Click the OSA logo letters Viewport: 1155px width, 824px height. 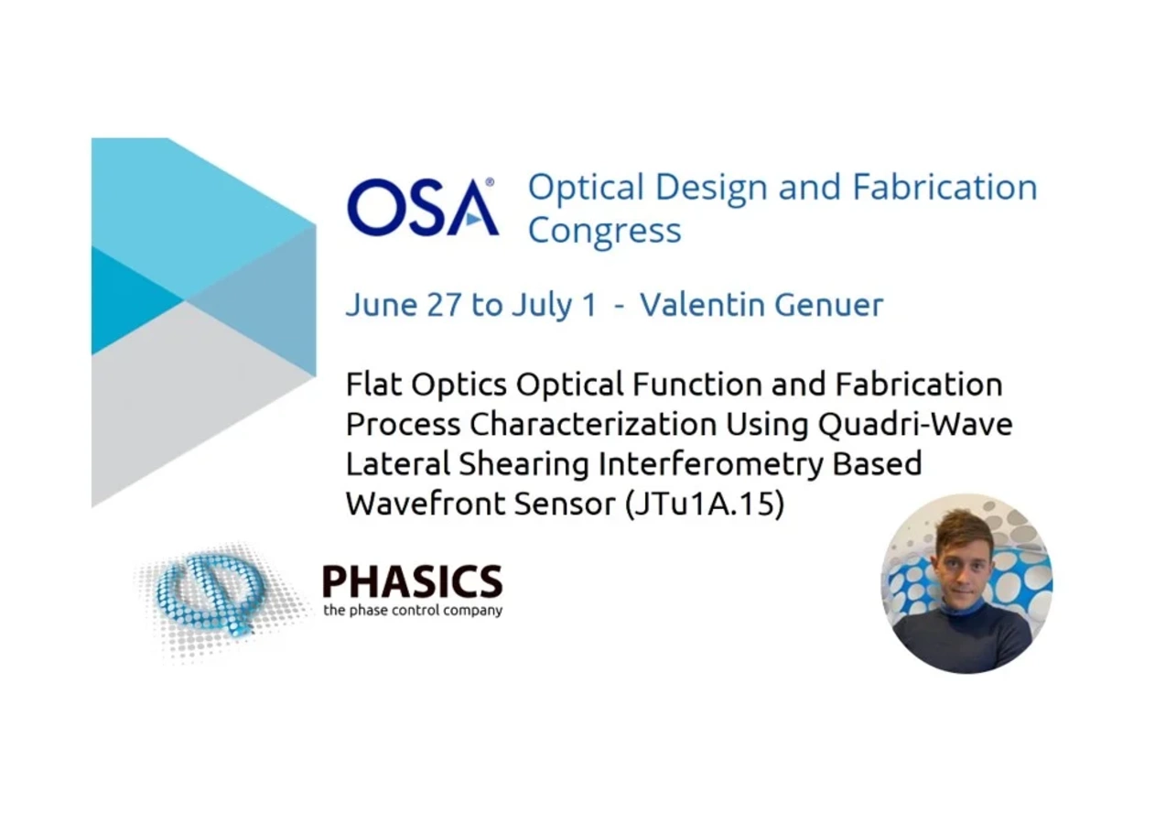(x=422, y=207)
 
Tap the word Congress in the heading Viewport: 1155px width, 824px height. (x=604, y=230)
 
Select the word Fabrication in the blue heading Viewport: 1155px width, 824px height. (x=945, y=187)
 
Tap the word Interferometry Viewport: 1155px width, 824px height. (x=710, y=464)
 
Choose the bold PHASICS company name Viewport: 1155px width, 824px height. (x=412, y=581)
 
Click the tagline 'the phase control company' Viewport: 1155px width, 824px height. (x=412, y=610)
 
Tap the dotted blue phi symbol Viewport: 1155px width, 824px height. (x=210, y=596)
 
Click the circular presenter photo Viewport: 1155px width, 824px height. (x=966, y=584)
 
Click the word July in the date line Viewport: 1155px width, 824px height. (x=539, y=305)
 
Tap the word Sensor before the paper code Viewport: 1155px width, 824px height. (x=569, y=504)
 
